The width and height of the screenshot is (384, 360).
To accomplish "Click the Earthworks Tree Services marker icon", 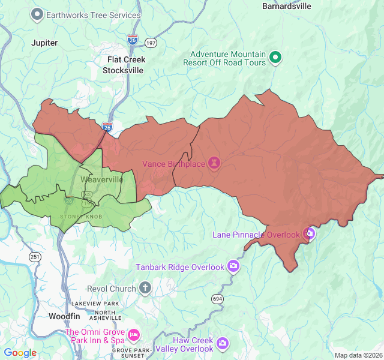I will [x=38, y=14].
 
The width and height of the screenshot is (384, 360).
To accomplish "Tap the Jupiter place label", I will [x=45, y=43].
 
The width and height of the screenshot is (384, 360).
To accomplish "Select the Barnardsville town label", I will [x=287, y=7].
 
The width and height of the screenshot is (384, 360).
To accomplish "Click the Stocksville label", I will [x=123, y=70].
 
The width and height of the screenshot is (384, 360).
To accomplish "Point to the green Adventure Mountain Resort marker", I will [x=275, y=58].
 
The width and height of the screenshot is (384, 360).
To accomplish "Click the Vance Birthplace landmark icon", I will [x=214, y=163].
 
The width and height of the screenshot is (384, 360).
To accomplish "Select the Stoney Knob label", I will [x=77, y=217].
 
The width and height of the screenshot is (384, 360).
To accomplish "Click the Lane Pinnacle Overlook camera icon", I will [x=309, y=233].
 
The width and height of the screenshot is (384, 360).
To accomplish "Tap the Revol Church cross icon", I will [x=145, y=289].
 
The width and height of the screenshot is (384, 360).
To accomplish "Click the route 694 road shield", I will [x=217, y=298].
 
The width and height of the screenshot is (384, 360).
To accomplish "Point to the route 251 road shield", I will [x=35, y=257].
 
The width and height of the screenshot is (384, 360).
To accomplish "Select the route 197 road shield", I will [x=151, y=43].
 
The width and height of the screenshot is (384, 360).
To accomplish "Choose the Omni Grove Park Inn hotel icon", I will [x=133, y=334].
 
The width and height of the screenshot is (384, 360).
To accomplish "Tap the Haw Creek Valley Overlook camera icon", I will [x=223, y=343].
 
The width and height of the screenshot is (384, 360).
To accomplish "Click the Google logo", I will [x=20, y=353].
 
